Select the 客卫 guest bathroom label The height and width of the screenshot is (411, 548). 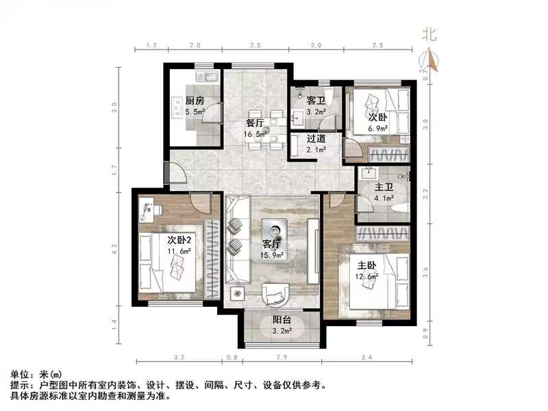tap(315, 100)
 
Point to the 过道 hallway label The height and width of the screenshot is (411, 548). tap(315, 138)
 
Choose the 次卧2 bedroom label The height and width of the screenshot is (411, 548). tap(179, 240)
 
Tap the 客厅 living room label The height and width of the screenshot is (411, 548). tap(272, 244)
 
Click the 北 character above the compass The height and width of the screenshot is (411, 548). tap(429, 34)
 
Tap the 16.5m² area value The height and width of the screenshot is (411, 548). tap(256, 134)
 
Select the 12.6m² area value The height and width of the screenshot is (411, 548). tap(367, 277)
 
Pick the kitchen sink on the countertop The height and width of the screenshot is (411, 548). tap(205, 75)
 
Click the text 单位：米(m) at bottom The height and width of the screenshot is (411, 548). tap(36, 375)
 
